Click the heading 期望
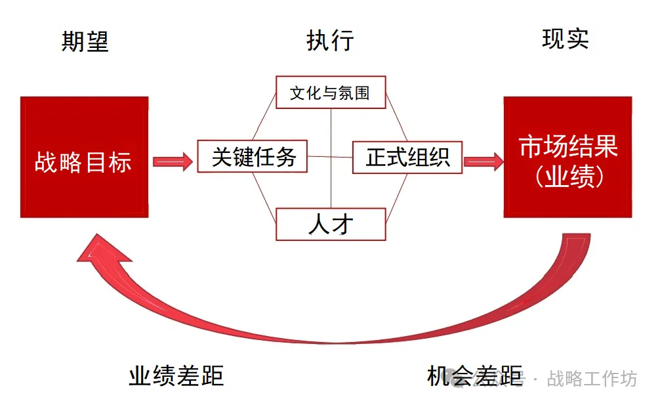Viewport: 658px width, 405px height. tap(85, 41)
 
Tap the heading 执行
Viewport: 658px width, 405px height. tap(330, 41)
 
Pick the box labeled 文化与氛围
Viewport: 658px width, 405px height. tap(330, 93)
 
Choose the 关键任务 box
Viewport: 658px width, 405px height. tap(253, 157)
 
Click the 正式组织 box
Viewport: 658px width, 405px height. tap(407, 158)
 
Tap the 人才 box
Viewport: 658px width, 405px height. tap(330, 224)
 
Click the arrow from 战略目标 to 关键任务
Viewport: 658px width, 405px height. tap(173, 161)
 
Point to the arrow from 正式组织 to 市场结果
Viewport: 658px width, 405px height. tap(482, 161)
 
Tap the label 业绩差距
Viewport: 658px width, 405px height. tap(176, 375)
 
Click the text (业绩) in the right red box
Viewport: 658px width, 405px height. tap(568, 177)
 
